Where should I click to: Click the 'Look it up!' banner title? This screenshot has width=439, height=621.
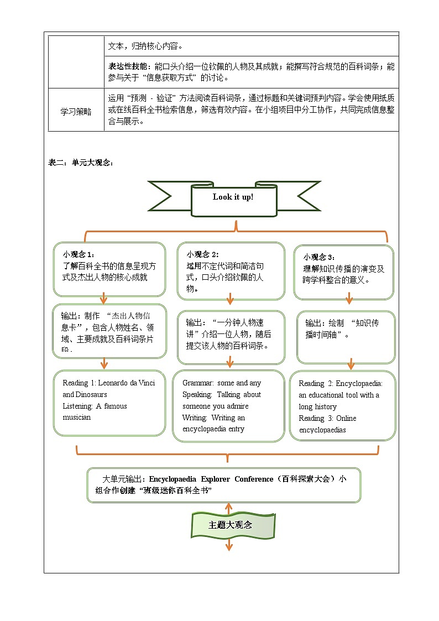click(233, 197)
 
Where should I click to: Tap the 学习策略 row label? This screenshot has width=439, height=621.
click(76, 111)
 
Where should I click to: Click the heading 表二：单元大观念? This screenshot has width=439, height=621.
click(81, 163)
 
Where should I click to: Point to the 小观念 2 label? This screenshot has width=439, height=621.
click(202, 254)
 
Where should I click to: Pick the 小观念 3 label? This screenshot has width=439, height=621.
click(319, 257)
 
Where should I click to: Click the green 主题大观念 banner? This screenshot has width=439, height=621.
click(230, 525)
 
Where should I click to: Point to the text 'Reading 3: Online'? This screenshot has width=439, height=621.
click(327, 418)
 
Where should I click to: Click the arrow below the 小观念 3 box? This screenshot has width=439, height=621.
click(349, 299)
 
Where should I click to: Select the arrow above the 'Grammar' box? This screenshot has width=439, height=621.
click(229, 362)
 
